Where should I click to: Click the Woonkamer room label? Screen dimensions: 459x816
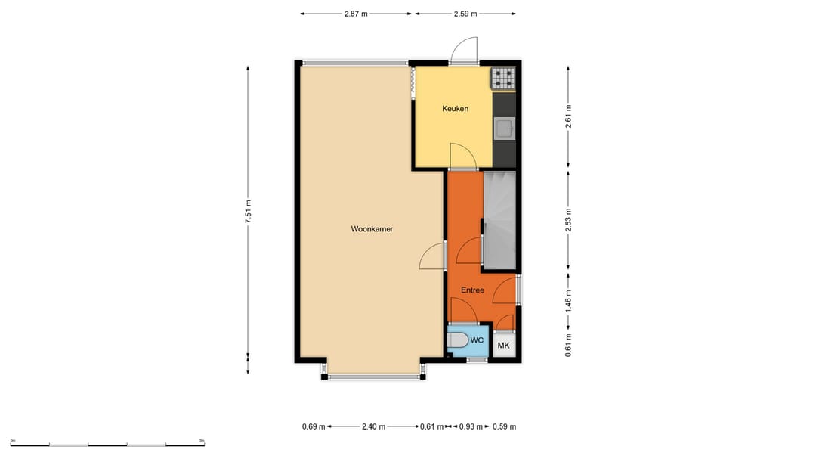coord(372,229)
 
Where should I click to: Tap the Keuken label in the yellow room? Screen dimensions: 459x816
coord(455,109)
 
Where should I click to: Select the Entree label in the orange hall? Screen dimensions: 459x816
coord(472,290)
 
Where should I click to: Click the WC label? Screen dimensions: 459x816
coord(477,340)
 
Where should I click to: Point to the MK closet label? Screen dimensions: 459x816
coord(503,346)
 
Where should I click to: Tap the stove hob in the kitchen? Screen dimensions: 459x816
coord(503,79)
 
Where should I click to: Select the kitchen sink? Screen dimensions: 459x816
coord(504,129)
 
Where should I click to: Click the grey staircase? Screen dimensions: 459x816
coord(499,219)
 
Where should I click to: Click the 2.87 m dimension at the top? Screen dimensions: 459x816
coord(355,14)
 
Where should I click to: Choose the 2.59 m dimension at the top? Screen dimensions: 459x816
coord(466,14)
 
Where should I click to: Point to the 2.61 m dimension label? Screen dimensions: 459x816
coord(568,116)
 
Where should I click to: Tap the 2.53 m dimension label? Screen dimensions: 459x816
coord(568,219)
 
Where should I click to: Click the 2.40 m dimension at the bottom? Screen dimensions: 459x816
coord(372,426)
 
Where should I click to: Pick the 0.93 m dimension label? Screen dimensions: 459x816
coord(472,426)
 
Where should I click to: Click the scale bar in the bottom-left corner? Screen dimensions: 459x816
coord(107,442)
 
